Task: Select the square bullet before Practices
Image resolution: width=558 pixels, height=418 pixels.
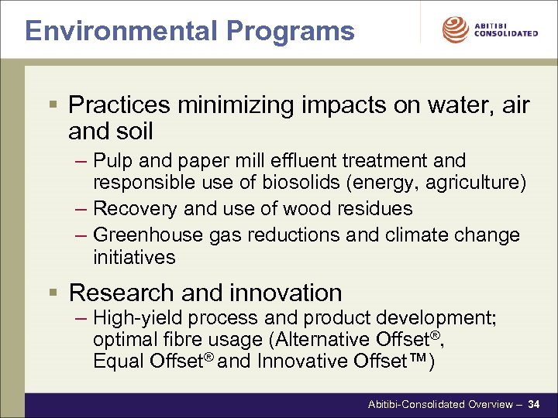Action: click(52, 104)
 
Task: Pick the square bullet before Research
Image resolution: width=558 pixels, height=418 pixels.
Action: click(52, 293)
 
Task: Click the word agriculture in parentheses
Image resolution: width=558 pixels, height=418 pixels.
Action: click(478, 183)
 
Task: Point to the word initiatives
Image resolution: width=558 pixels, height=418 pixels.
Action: click(134, 256)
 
